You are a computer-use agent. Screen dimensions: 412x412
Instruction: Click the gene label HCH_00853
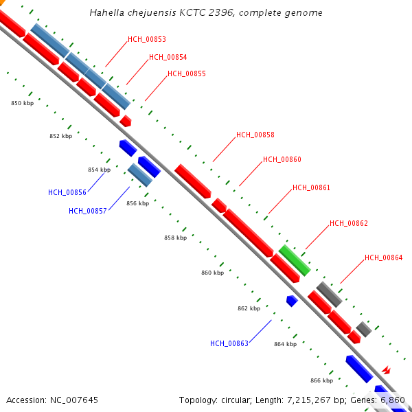[147, 40]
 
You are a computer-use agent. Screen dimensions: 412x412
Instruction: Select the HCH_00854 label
[168, 58]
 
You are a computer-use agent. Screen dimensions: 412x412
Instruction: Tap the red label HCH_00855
[187, 74]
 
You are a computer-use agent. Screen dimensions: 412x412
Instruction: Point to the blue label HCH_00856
[67, 193]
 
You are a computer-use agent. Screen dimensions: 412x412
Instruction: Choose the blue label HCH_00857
[87, 211]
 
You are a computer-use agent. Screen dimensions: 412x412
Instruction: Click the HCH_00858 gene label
[255, 135]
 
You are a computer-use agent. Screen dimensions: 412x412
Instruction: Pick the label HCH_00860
[282, 160]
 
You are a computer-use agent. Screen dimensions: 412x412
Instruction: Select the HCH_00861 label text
[311, 188]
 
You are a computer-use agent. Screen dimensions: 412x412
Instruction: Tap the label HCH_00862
[349, 224]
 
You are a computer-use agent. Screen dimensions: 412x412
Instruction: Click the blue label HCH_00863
[229, 344]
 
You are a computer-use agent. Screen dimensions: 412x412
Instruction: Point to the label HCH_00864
[383, 258]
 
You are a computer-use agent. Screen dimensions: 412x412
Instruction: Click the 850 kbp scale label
[23, 103]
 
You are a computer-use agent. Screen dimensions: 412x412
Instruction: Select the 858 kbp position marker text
[175, 238]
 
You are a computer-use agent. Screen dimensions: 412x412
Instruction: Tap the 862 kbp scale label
[249, 309]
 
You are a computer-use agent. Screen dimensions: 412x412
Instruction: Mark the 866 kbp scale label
[321, 380]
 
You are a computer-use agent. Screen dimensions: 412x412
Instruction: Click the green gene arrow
[295, 260]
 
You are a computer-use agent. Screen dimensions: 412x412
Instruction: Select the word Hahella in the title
[106, 13]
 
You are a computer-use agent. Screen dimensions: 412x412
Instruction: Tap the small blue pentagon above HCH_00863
[292, 300]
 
